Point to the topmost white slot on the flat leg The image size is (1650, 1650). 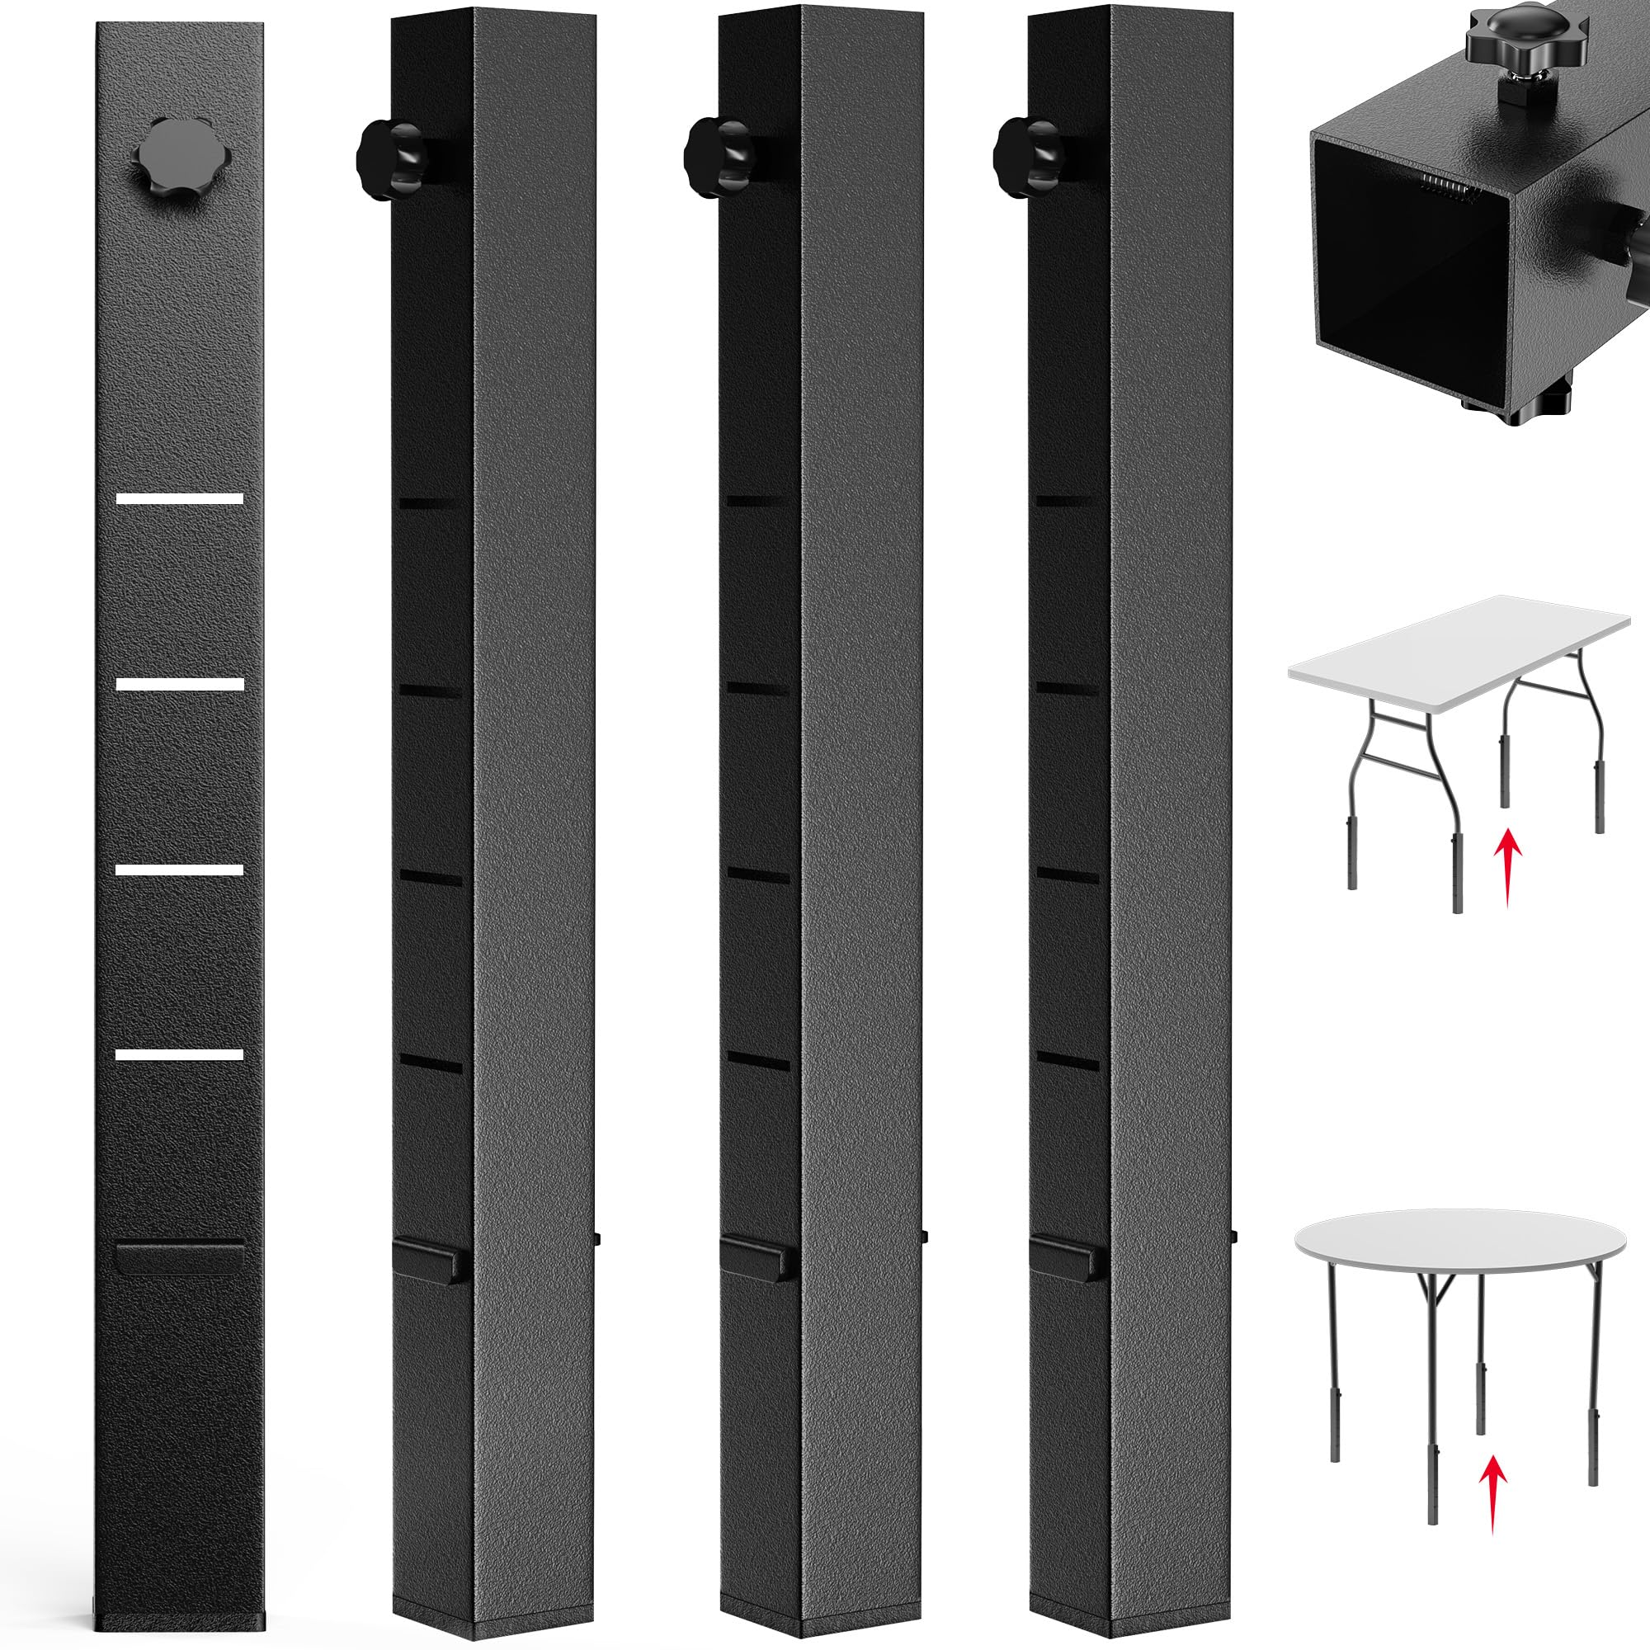pos(180,499)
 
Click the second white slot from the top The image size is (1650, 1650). pos(180,684)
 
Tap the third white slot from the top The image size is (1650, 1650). pos(180,870)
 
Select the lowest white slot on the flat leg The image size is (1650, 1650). pos(180,1054)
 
